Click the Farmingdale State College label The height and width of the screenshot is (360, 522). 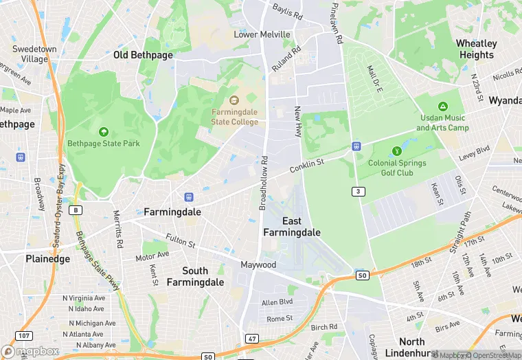(x=235, y=117)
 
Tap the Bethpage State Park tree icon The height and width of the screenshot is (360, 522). (x=104, y=131)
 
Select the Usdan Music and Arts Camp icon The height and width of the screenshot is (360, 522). (x=443, y=106)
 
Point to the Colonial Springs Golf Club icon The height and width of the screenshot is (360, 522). (x=396, y=151)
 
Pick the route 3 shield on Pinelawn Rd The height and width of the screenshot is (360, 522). (x=357, y=190)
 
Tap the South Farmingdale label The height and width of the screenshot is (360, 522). (x=195, y=276)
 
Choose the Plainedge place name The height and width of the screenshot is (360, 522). (x=47, y=259)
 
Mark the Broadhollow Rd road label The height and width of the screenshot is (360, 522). (x=263, y=183)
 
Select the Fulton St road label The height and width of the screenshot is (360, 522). (x=181, y=243)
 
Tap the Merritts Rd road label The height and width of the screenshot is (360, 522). (x=118, y=229)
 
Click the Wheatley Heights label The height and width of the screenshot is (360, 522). (x=476, y=49)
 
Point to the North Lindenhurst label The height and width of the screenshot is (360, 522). (x=412, y=347)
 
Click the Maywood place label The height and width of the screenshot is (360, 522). (x=258, y=265)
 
